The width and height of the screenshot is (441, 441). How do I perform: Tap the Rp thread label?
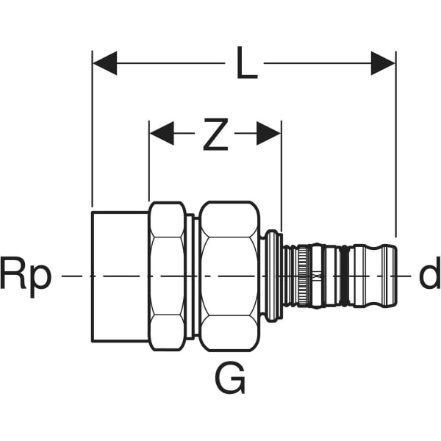(26, 275)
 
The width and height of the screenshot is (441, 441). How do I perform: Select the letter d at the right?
(429, 275)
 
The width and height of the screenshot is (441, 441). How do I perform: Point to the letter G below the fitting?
(230, 379)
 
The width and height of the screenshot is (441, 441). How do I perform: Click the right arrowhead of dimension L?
(383, 63)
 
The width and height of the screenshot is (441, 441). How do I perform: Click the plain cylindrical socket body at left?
(120, 276)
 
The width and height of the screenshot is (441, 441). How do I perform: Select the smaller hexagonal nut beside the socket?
(167, 276)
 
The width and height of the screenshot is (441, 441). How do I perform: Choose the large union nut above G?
(229, 276)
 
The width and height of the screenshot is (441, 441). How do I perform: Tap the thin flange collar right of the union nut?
(272, 276)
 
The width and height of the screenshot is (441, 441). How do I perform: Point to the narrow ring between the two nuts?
(192, 276)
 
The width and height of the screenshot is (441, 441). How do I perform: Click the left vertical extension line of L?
(93, 132)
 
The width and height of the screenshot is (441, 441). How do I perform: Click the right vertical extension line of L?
(395, 147)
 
